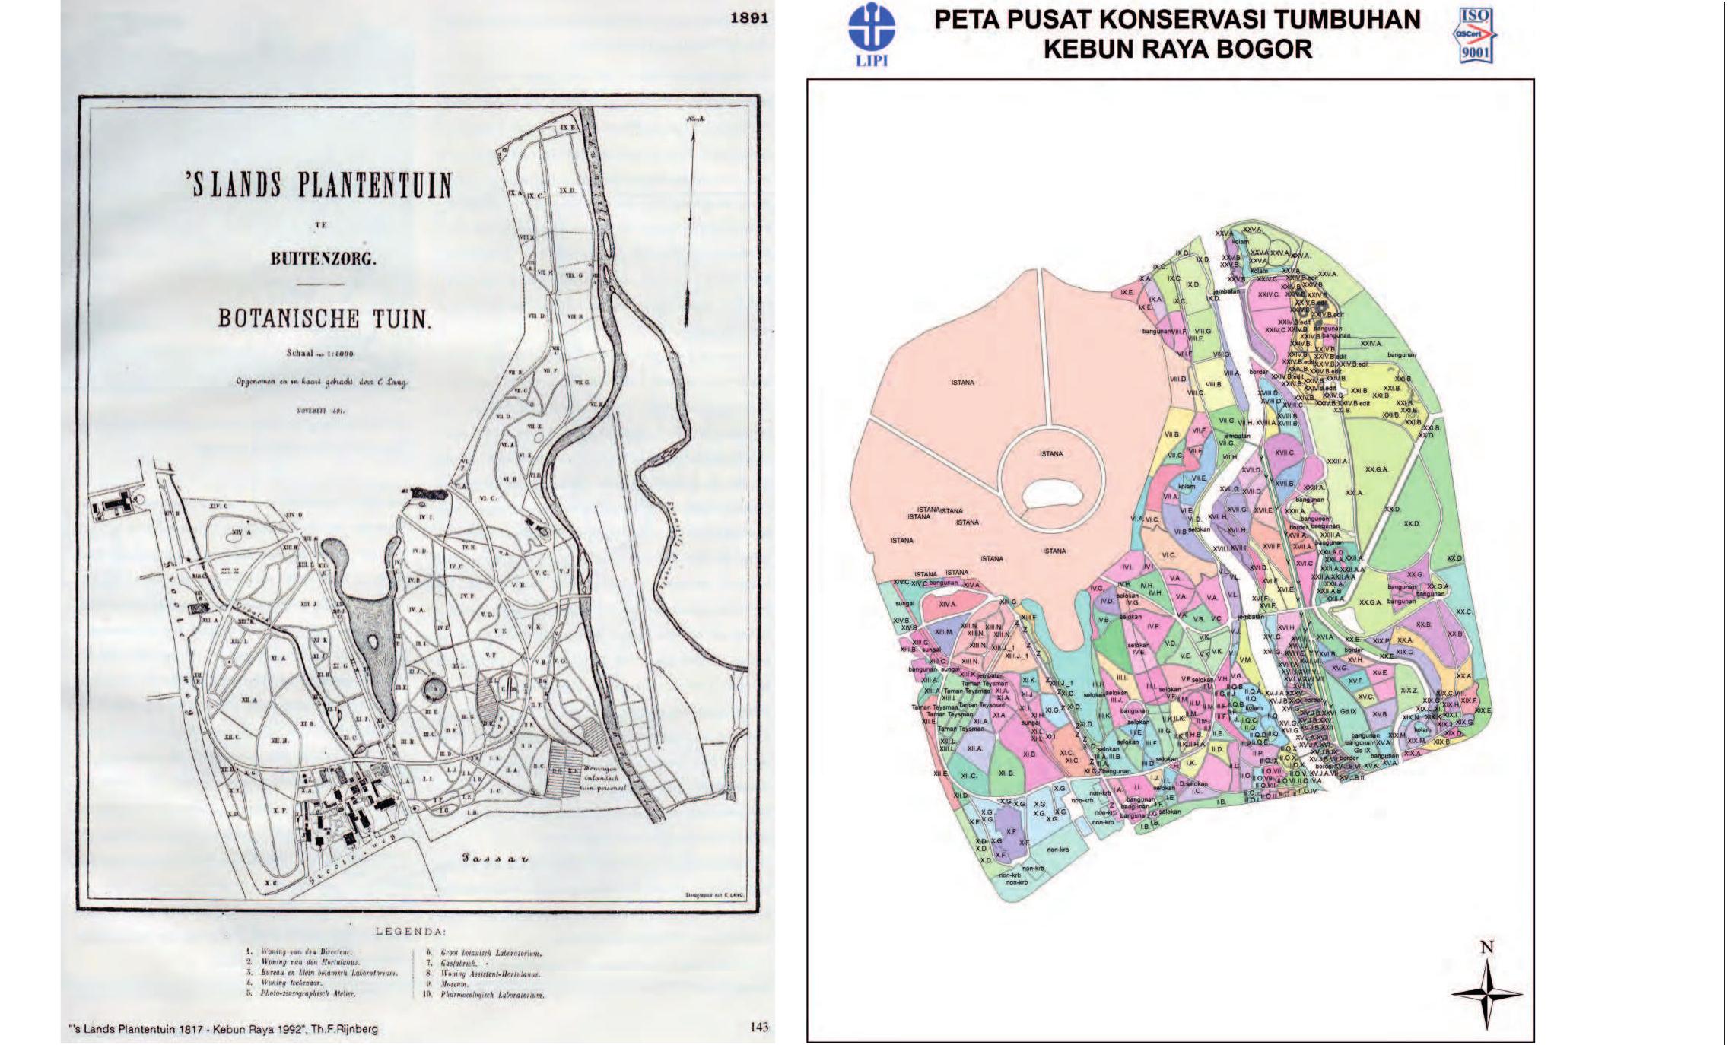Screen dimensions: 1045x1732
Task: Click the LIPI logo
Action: (871, 35)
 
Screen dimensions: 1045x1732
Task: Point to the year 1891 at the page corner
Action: (748, 17)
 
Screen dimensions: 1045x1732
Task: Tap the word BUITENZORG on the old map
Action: (323, 259)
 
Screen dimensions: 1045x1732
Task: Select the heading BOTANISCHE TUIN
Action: (324, 318)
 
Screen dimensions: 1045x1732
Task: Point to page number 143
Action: (758, 1027)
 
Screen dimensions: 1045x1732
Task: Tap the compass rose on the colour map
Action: (1486, 994)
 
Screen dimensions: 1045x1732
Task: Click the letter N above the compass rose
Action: (1487, 948)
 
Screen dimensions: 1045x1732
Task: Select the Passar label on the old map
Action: (495, 859)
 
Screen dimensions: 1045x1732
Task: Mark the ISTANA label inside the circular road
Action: (1050, 454)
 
